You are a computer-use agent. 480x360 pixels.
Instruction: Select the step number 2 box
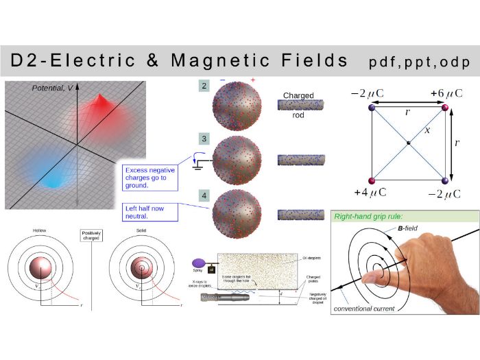pos(204,86)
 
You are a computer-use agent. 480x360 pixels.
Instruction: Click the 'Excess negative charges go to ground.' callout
pos(148,177)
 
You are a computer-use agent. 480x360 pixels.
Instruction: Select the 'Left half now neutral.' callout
pos(149,211)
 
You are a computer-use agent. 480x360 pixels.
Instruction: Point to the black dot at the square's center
pos(408,143)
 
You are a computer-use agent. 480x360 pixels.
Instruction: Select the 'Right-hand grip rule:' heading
pos(368,217)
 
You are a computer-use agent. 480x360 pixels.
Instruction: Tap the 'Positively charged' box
pos(91,235)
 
